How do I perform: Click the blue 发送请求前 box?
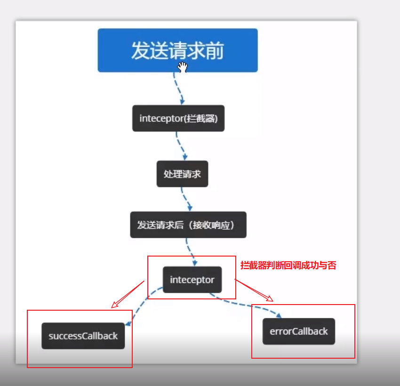[177, 50]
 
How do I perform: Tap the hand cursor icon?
[183, 67]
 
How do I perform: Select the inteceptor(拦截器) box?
[178, 118]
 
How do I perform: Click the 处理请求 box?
[182, 174]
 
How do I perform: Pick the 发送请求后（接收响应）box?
[188, 225]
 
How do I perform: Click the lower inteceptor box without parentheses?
[192, 280]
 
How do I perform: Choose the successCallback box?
[83, 336]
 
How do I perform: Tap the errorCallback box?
[299, 331]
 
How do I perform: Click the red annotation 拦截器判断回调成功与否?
[288, 265]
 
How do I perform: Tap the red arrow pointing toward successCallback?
[128, 295]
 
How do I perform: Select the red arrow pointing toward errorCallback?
[254, 290]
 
